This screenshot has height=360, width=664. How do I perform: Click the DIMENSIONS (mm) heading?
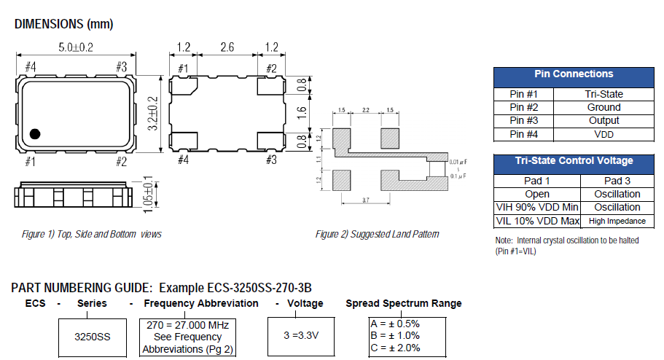63,24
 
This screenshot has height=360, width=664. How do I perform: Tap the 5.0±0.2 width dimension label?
75,49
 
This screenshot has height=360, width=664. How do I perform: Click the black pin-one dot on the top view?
34,134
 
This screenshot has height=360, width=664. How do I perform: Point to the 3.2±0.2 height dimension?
152,113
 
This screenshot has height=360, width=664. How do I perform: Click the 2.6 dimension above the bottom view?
227,49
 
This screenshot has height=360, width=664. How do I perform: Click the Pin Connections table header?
574,74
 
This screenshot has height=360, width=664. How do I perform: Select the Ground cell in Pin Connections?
604,107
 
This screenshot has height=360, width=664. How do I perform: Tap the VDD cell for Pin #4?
604,134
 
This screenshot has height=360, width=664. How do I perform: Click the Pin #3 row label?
523,121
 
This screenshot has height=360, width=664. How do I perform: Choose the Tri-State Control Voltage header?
574,161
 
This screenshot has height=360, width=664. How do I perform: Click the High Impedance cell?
617,221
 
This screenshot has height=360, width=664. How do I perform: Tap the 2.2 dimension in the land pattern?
365,110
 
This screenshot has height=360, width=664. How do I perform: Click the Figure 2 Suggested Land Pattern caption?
377,234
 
